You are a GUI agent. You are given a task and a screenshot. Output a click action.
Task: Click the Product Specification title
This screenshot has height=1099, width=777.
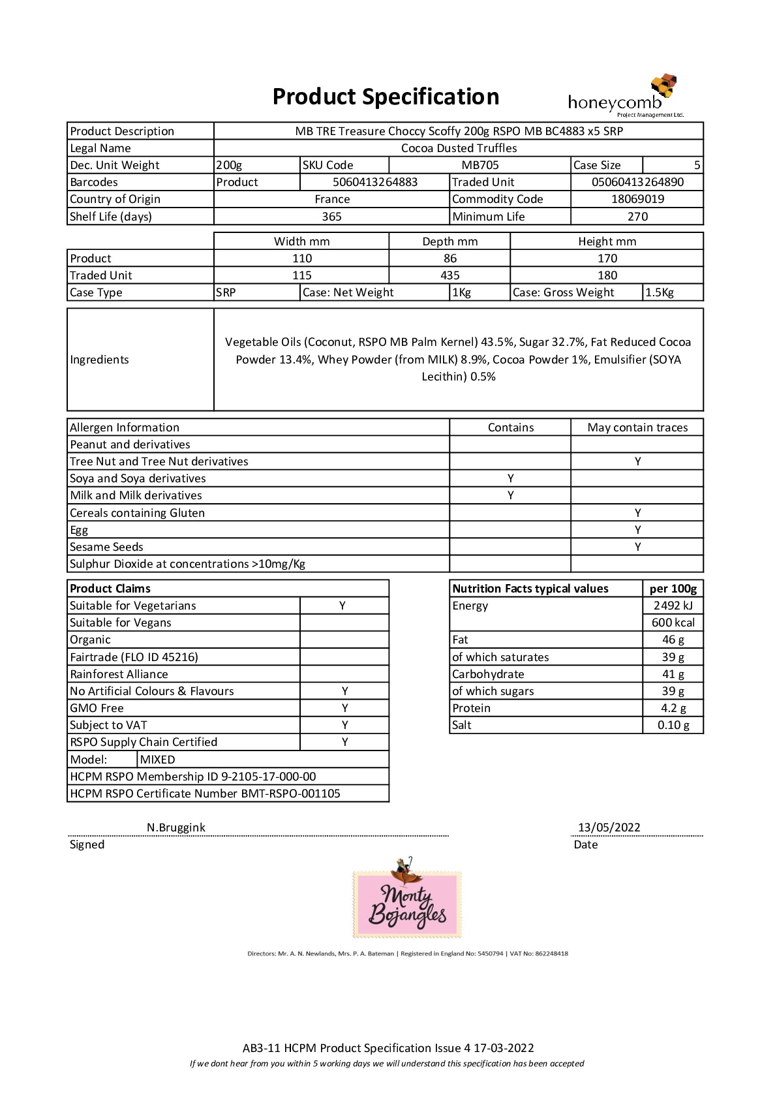(x=386, y=97)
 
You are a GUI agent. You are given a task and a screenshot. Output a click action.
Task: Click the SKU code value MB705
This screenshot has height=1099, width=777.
(x=480, y=165)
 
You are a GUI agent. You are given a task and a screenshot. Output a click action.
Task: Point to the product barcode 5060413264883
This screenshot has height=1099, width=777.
(x=375, y=182)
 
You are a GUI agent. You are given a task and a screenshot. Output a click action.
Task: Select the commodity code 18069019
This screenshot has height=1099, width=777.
(x=637, y=199)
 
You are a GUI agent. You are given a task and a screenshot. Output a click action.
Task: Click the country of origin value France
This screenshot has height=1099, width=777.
(x=332, y=199)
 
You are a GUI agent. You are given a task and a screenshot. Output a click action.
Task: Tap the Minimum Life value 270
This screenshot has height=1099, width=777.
(x=637, y=217)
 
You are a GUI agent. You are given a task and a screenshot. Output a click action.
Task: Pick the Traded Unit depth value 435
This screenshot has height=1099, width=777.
(x=449, y=275)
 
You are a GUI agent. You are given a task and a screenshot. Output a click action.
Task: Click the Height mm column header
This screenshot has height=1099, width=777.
(x=607, y=241)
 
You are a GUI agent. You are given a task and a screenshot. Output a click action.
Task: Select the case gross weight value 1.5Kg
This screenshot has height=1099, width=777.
(x=660, y=292)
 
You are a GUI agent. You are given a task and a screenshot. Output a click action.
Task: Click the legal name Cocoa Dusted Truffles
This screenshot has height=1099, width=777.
(x=459, y=148)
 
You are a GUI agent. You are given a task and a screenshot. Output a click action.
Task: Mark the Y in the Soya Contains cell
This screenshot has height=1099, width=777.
(x=510, y=478)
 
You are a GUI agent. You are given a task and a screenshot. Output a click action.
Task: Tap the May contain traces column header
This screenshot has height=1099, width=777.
(x=637, y=427)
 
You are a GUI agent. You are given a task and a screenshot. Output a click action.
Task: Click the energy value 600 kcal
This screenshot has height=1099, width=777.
(x=673, y=623)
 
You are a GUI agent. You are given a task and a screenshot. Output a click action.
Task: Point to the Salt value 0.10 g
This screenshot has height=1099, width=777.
(x=673, y=725)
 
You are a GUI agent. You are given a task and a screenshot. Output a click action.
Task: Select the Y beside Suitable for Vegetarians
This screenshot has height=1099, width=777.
(x=343, y=606)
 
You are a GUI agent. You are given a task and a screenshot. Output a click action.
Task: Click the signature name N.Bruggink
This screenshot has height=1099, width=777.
(x=176, y=828)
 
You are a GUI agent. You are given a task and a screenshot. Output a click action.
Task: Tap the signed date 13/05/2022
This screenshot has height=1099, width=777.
(x=609, y=828)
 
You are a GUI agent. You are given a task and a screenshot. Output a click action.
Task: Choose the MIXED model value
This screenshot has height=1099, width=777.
(x=158, y=760)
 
